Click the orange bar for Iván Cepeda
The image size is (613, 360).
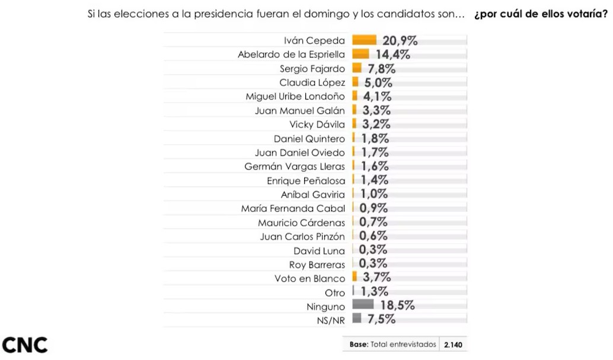pyautogui.click(x=364, y=40)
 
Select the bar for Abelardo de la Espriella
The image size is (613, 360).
pyautogui.click(x=360, y=54)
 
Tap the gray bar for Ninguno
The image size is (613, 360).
pyautogui.click(x=363, y=305)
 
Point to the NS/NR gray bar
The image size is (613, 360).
pyautogui.click(x=357, y=318)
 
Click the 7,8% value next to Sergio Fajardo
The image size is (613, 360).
pyautogui.click(x=379, y=68)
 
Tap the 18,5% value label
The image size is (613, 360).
pyautogui.click(x=397, y=305)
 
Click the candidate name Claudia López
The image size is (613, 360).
pyautogui.click(x=312, y=82)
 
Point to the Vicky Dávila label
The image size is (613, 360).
pyautogui.click(x=317, y=125)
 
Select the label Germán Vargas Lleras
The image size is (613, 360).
pyautogui.click(x=294, y=167)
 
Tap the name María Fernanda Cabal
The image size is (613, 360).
pyautogui.click(x=292, y=208)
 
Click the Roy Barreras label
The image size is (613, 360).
pyautogui.click(x=317, y=265)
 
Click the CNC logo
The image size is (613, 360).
pyautogui.click(x=25, y=345)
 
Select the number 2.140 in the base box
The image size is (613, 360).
pyautogui.click(x=453, y=345)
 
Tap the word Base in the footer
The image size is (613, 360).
pyautogui.click(x=359, y=345)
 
